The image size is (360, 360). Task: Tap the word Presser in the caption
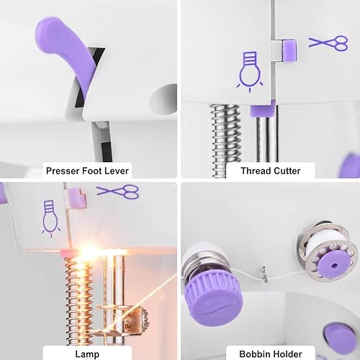[x=64, y=171]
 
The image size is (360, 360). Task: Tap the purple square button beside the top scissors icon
[x=289, y=49]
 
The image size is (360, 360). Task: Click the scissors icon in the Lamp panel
[x=117, y=191]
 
